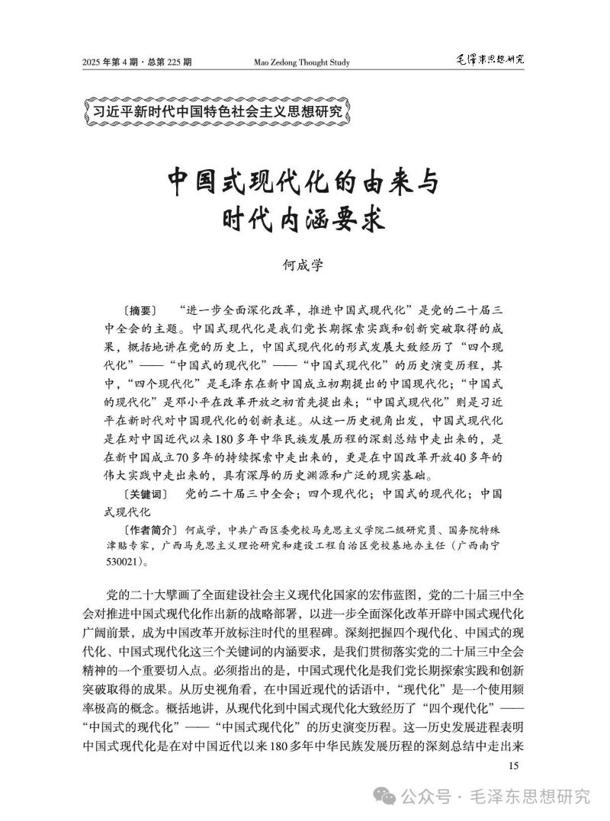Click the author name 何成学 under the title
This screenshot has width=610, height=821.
click(x=303, y=265)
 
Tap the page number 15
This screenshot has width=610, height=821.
click(x=512, y=766)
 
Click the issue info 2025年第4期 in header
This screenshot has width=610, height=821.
click(x=112, y=62)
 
